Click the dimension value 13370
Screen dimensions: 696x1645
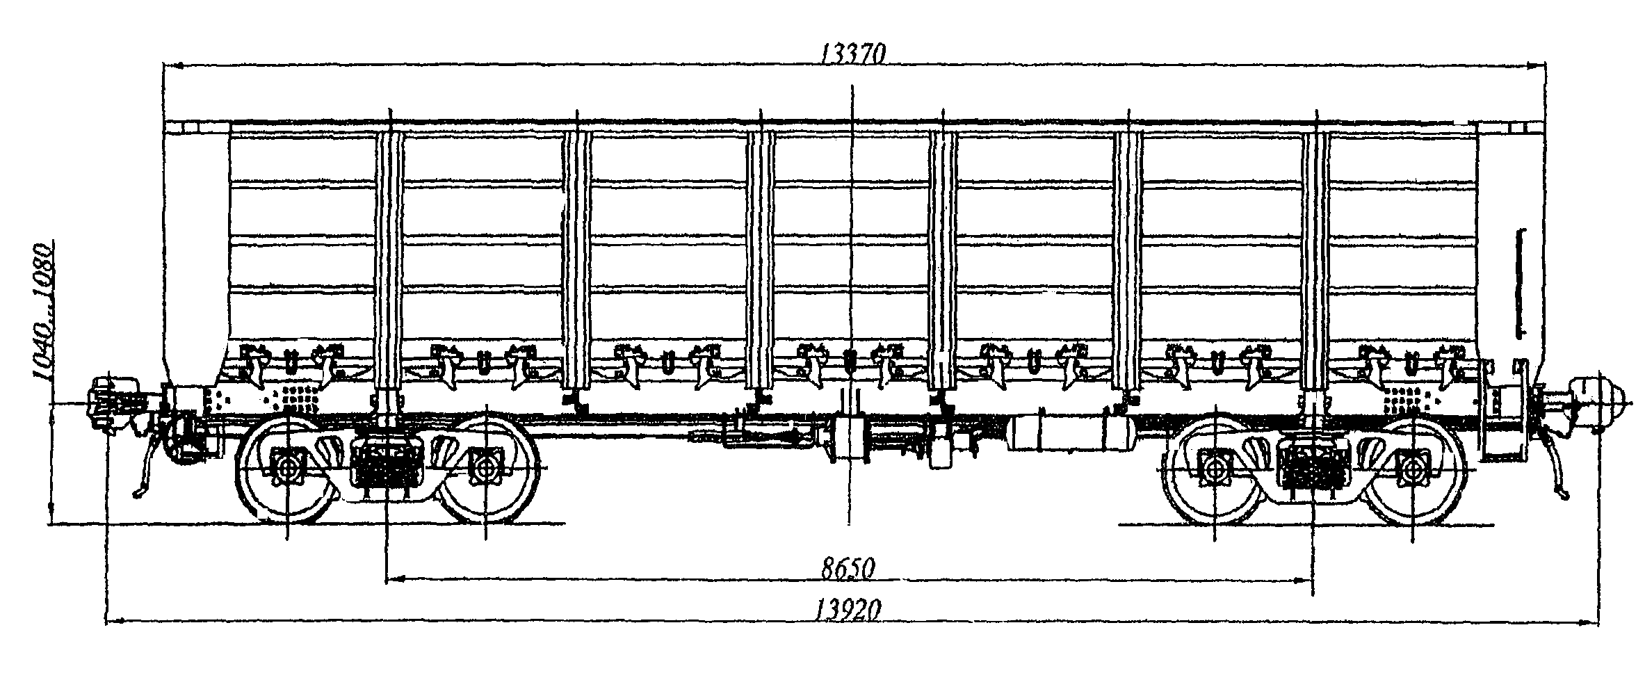[852, 53]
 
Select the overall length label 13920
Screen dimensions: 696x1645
[848, 610]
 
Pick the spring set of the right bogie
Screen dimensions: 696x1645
[1313, 464]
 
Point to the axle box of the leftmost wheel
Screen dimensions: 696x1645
[287, 467]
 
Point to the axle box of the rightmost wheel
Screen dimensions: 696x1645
[1414, 468]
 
